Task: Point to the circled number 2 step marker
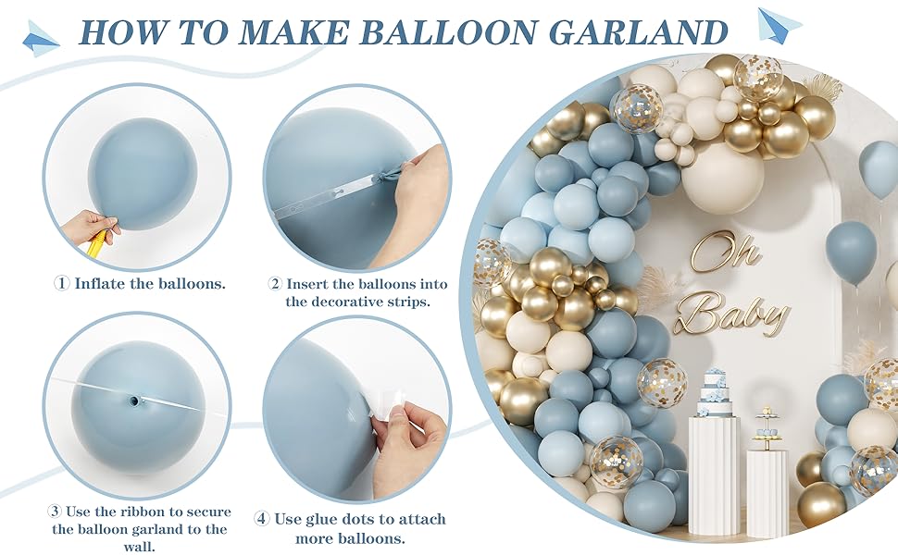tap(275, 284)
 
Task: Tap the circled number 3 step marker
tap(56, 512)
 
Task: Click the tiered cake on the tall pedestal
tap(717, 394)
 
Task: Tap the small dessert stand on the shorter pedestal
tap(767, 427)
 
